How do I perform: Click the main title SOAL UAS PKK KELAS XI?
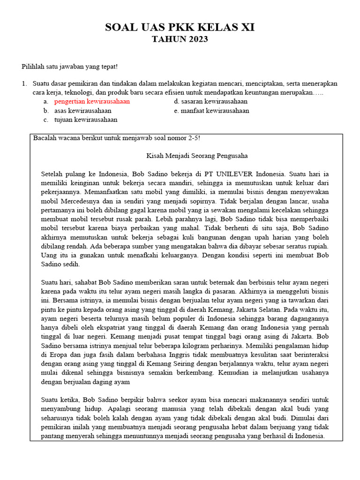(x=180, y=28)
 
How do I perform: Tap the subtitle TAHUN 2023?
(x=180, y=39)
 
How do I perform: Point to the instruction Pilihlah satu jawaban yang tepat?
(x=70, y=67)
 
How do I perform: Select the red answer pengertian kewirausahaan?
(x=92, y=101)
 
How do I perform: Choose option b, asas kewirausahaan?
(x=82, y=111)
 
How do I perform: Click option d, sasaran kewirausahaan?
(x=210, y=101)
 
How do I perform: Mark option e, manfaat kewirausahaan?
(x=211, y=111)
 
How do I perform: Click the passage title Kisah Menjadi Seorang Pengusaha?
(x=197, y=156)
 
